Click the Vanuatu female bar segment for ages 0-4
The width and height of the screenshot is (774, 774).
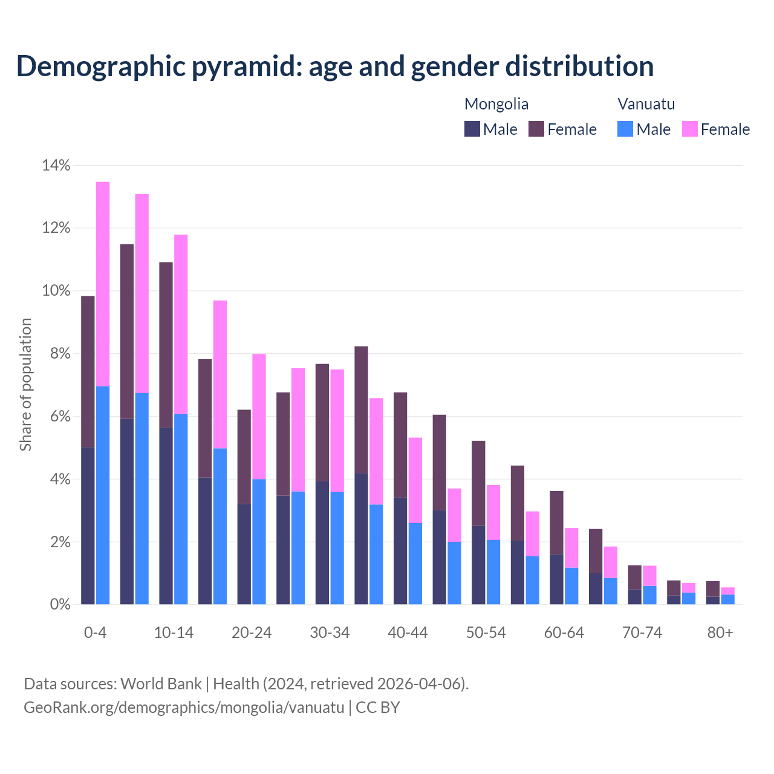pyautogui.click(x=103, y=284)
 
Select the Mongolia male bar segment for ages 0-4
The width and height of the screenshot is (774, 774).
pyautogui.click(x=88, y=525)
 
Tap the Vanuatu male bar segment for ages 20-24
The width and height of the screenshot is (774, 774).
pyautogui.click(x=259, y=542)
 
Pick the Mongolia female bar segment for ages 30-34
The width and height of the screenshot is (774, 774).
pyautogui.click(x=322, y=423)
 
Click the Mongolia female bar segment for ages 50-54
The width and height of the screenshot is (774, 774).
pyautogui.click(x=478, y=483)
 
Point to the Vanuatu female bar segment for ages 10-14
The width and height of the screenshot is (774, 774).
pyautogui.click(x=181, y=324)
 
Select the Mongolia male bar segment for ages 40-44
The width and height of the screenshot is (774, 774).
pyautogui.click(x=400, y=551)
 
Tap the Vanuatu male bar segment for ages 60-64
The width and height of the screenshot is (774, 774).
pyautogui.click(x=571, y=586)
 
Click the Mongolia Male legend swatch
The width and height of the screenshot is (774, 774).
pyautogui.click(x=472, y=129)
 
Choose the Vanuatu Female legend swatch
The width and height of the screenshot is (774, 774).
pyautogui.click(x=689, y=129)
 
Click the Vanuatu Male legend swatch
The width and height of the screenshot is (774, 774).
pyautogui.click(x=625, y=129)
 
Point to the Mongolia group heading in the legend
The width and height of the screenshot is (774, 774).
pyautogui.click(x=496, y=104)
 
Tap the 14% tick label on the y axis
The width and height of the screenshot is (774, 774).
pyautogui.click(x=56, y=165)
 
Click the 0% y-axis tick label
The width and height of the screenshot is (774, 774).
pyautogui.click(x=60, y=605)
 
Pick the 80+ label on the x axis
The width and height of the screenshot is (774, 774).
pyautogui.click(x=720, y=633)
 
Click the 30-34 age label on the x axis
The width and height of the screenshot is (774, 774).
pyautogui.click(x=330, y=633)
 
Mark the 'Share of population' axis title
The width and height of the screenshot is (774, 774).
pyautogui.click(x=25, y=385)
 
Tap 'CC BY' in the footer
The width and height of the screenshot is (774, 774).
pyautogui.click(x=378, y=707)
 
